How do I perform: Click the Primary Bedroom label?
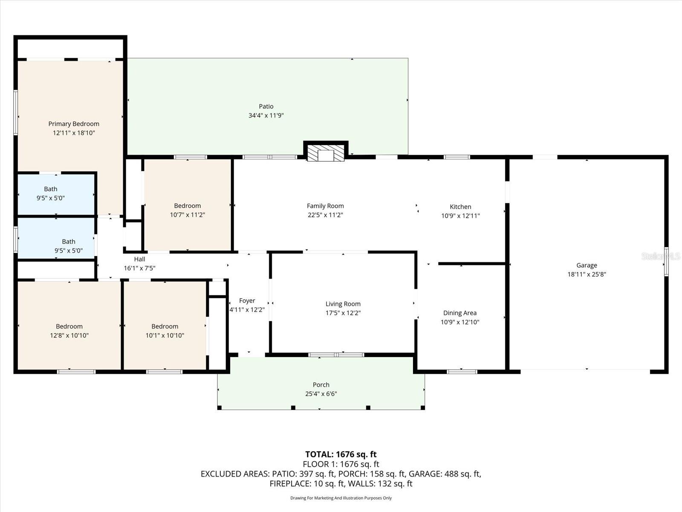pos(74,124)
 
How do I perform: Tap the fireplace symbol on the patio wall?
pos(326,154)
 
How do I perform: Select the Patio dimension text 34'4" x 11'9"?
pos(266,116)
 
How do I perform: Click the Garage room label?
pos(587,265)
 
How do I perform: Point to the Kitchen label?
pos(460,207)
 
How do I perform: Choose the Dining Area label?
pos(459,313)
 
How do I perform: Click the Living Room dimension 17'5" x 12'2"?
pos(343,313)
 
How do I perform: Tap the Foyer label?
pos(247,301)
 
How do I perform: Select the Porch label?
pos(321,385)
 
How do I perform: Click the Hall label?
pos(139,259)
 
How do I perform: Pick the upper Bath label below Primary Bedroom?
pos(51,189)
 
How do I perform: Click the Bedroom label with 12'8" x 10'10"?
pos(69,326)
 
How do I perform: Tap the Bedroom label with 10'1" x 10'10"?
pos(165,326)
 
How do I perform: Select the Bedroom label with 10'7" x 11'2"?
pos(187,206)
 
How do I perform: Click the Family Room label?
pos(325,206)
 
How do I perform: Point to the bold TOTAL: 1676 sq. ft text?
pos(341,454)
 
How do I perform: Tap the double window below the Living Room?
pos(336,355)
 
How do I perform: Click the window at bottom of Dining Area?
pos(462,372)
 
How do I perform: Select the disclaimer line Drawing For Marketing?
pos(341,498)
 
